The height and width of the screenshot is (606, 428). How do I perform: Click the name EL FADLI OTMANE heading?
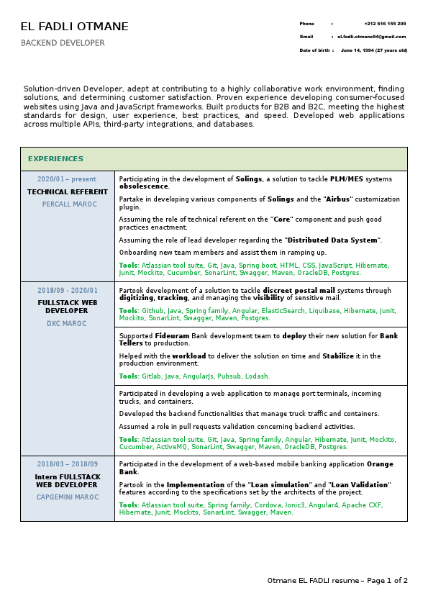75,27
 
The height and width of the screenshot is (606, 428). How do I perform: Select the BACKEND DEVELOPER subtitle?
63,43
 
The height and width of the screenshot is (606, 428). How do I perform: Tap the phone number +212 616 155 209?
385,24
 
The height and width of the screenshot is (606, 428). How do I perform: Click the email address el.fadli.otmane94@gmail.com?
372,37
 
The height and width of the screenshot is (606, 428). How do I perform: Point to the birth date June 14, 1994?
374,50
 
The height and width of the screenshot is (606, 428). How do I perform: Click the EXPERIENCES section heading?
55,159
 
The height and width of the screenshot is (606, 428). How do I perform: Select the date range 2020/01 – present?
67,179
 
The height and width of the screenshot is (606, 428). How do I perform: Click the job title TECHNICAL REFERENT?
68,192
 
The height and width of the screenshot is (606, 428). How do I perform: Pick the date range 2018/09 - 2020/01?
68,291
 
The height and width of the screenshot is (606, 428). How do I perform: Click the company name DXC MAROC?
66,324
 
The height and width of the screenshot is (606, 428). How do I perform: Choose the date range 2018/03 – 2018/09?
68,464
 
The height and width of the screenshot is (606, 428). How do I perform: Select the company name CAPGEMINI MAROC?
68,497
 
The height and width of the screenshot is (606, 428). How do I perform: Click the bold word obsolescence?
143,186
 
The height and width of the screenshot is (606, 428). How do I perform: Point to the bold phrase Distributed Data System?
332,240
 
